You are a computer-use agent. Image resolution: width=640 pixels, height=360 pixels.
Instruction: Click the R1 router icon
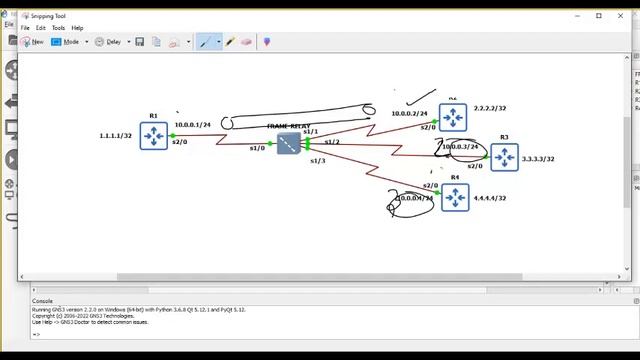coord(153,135)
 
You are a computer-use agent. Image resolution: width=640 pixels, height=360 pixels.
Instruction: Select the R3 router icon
coord(504,157)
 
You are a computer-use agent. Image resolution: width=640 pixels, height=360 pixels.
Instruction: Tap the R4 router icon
coord(455,197)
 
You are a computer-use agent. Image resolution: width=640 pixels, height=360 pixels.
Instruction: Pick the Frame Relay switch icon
coord(289,144)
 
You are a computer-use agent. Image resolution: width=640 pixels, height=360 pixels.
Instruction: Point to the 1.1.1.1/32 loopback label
coord(115,135)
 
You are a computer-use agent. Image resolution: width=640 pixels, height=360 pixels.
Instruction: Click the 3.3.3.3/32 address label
coord(538,159)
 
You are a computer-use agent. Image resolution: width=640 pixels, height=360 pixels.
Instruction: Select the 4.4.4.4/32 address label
coord(490,198)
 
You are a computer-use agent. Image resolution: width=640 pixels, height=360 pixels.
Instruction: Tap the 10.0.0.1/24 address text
coord(193,124)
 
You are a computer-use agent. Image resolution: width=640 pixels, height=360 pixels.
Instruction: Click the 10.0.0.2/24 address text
coord(409,114)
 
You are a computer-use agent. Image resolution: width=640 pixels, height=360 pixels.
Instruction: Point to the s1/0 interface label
coord(257,148)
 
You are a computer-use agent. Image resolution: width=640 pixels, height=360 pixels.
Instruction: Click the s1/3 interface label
coord(318,160)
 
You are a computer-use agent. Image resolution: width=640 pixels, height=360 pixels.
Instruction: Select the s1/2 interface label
coord(332,142)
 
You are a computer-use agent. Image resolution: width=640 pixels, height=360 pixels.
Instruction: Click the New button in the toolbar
coord(32,42)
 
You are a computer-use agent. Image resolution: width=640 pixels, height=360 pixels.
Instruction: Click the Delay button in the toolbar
coord(111,42)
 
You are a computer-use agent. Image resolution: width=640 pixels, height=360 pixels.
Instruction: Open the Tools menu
coord(58,28)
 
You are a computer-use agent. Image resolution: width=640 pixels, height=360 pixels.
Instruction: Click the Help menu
coord(78,28)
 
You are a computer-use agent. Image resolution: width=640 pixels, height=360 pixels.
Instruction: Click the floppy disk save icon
coord(140,42)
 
